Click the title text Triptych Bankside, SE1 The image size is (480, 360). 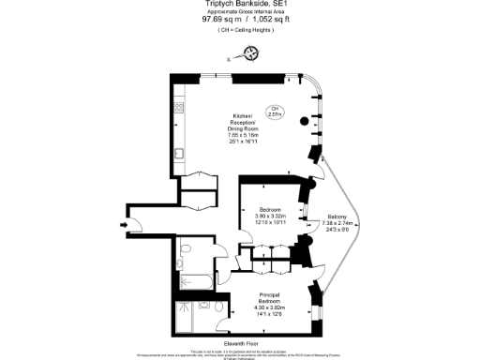pyautogui.click(x=239, y=5)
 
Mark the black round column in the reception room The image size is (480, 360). pyautogui.click(x=303, y=122)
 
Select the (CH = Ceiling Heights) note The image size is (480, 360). pyautogui.click(x=239, y=31)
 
